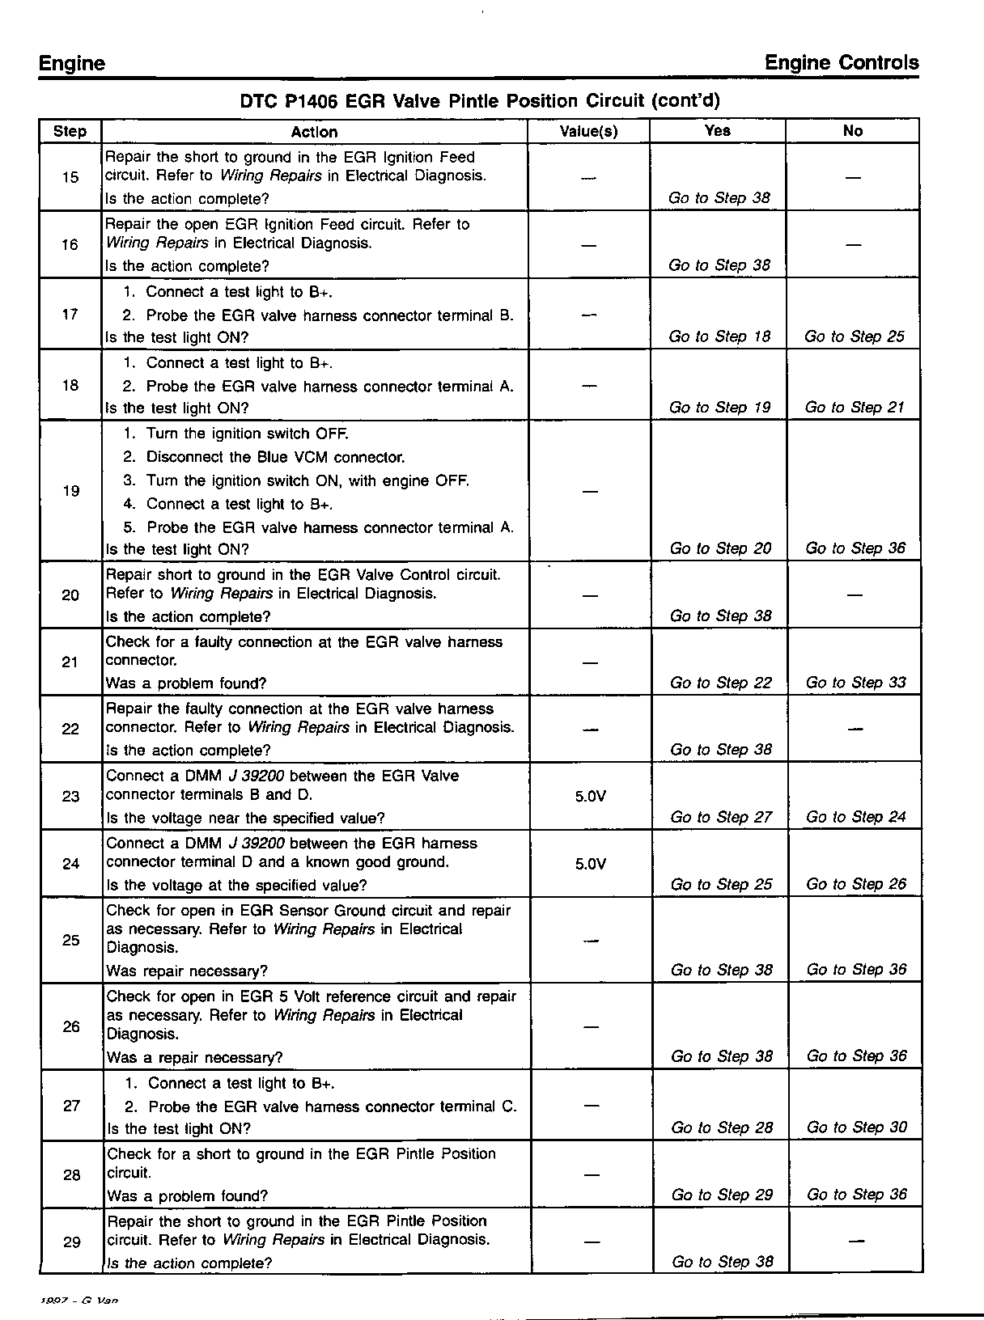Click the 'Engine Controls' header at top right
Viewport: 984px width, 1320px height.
pyautogui.click(x=842, y=63)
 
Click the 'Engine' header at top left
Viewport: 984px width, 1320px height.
pyautogui.click(x=72, y=64)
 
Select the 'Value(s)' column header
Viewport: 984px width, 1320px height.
pyautogui.click(x=588, y=131)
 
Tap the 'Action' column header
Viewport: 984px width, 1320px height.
pyautogui.click(x=314, y=132)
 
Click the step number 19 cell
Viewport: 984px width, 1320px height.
pyautogui.click(x=71, y=491)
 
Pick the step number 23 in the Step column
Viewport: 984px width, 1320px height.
pyautogui.click(x=71, y=796)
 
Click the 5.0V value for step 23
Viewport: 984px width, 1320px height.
pyautogui.click(x=590, y=796)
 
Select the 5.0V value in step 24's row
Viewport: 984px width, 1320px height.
pyautogui.click(x=590, y=864)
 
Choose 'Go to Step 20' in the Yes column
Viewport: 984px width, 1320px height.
pyautogui.click(x=720, y=548)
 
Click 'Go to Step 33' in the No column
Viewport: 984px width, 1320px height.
pyautogui.click(x=855, y=683)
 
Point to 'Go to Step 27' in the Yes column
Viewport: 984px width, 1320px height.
pyautogui.click(x=721, y=817)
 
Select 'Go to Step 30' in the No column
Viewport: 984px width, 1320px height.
pyautogui.click(x=857, y=1127)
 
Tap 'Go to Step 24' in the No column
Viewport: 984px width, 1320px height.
pyautogui.click(x=855, y=817)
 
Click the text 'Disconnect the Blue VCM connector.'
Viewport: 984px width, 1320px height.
pyautogui.click(x=275, y=457)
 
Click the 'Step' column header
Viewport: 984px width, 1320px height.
pyautogui.click(x=70, y=131)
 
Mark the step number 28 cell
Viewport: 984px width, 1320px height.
pyautogui.click(x=72, y=1175)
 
